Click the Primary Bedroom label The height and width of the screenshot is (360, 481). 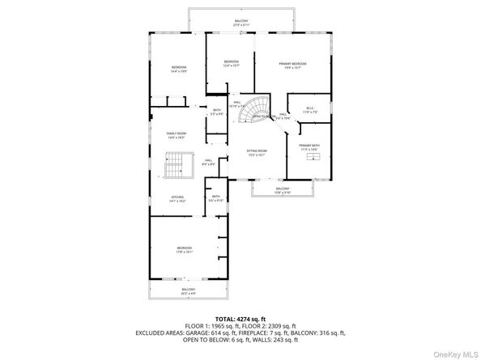pyautogui.click(x=292, y=65)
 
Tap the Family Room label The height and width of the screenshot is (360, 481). pyautogui.click(x=176, y=135)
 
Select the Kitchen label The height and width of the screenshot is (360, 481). pyautogui.click(x=177, y=198)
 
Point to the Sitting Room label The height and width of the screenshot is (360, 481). pyautogui.click(x=257, y=153)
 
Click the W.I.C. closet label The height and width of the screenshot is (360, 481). pyautogui.click(x=310, y=110)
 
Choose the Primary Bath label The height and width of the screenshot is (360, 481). pyautogui.click(x=309, y=147)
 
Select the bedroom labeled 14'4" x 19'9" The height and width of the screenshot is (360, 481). pyautogui.click(x=178, y=69)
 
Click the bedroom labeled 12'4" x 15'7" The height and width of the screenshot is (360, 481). pyautogui.click(x=231, y=64)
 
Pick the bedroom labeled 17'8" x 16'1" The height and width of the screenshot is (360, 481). pyautogui.click(x=185, y=250)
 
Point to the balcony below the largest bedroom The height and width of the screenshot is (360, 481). pyautogui.click(x=188, y=290)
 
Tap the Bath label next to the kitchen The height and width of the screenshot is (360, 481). pyautogui.click(x=216, y=198)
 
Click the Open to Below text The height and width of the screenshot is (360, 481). pyautogui.click(x=261, y=116)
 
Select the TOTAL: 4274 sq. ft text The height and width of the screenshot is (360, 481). pyautogui.click(x=240, y=319)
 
